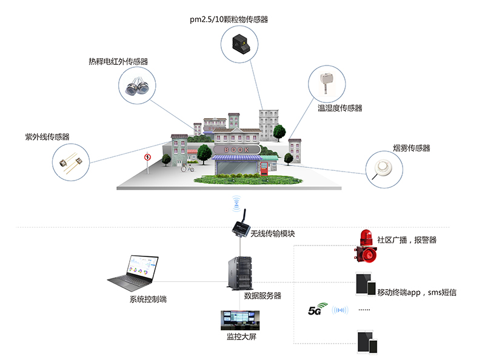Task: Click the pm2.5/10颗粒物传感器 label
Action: pos(229,19)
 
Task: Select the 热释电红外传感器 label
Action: pos(118,62)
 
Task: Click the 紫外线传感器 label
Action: pos(47,137)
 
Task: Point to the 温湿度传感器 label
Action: pos(340,108)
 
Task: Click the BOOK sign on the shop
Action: pos(236,148)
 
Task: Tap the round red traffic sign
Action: pos(147,157)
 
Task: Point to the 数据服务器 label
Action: pos(263,296)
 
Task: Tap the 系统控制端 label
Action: pos(148,299)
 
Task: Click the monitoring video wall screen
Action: pos(240,320)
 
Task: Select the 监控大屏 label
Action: pos(240,336)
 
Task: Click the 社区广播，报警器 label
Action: pos(406,240)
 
